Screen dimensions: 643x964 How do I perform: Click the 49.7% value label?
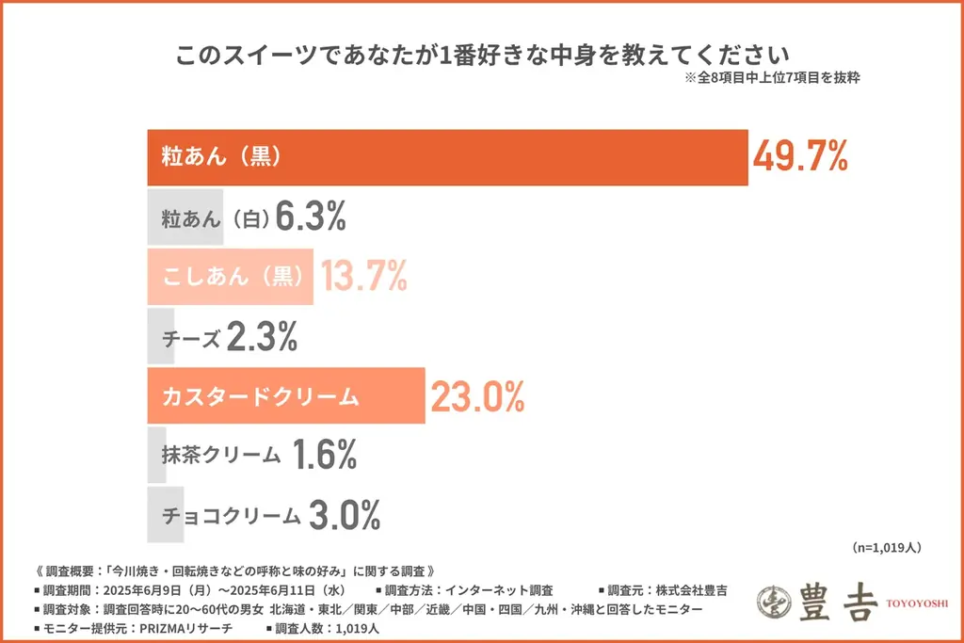coord(800,156)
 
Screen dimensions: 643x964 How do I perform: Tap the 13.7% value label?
coord(363,276)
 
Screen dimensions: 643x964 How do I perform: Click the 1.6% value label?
coord(324,456)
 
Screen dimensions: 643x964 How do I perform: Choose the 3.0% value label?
coord(345,515)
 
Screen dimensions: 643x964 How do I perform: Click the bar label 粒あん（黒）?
coord(222,156)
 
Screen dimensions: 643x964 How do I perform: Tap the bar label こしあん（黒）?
coord(231,276)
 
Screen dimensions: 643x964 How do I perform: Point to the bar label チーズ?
coord(192,337)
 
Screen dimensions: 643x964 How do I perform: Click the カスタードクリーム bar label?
coord(261,397)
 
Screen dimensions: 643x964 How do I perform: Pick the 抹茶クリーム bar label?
coord(221,457)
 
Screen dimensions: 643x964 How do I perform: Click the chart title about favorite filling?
coord(481,54)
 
